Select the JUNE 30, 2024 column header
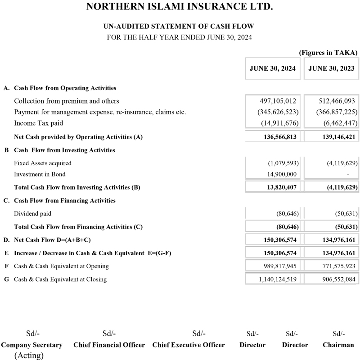[x=273, y=68]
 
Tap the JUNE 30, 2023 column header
[x=332, y=68]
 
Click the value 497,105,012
[x=278, y=101]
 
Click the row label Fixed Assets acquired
[x=43, y=163]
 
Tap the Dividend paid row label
[x=32, y=214]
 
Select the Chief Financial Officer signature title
[x=109, y=345]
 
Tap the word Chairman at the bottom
[x=338, y=345]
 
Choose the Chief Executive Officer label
[x=189, y=345]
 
